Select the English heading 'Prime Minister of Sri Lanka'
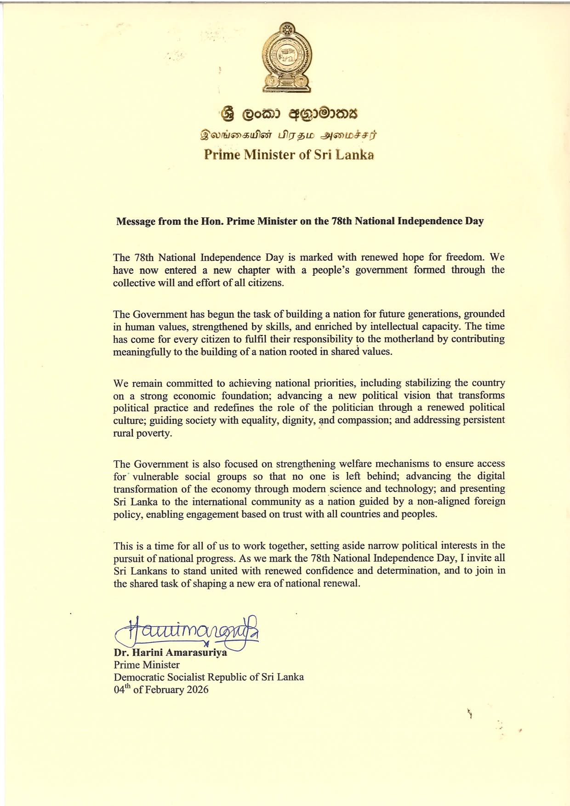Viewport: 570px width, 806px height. tap(289, 154)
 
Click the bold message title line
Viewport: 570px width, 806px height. tap(300, 221)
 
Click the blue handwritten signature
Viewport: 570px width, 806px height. tap(188, 632)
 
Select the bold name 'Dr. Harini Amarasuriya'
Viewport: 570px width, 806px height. tap(171, 653)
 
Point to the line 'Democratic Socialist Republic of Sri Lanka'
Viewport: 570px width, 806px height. tap(209, 677)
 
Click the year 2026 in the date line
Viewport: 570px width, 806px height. tap(197, 690)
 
